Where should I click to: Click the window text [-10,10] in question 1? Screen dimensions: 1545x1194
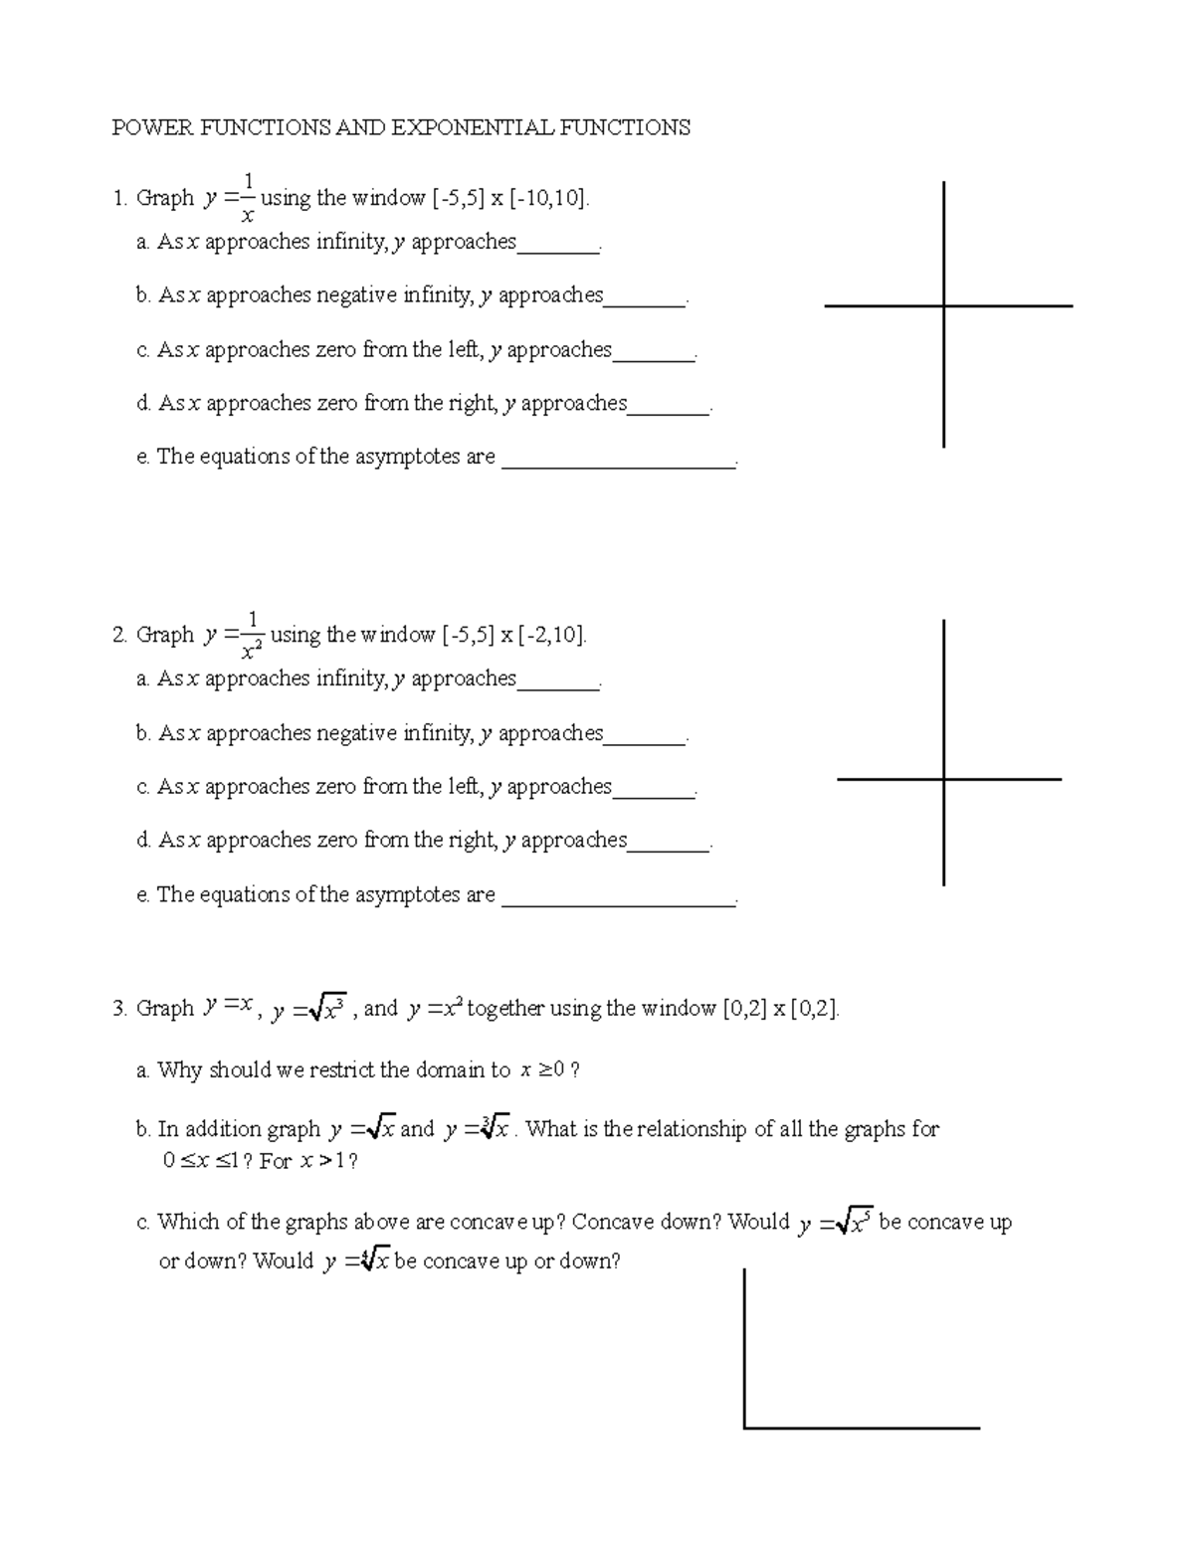(x=549, y=198)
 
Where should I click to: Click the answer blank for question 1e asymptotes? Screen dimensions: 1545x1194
(x=619, y=463)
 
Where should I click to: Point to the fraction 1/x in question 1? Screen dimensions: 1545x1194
(x=249, y=197)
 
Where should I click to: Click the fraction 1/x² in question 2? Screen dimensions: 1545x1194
(x=252, y=635)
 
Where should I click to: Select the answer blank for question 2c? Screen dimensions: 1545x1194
(x=654, y=794)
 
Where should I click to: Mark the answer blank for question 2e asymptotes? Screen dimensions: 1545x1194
(x=619, y=901)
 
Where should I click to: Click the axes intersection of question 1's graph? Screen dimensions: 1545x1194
(x=943, y=306)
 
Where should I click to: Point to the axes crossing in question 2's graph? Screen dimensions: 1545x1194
(x=943, y=779)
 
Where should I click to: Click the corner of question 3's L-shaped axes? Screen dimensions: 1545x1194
(x=745, y=1428)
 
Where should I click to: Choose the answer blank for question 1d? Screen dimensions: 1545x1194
(x=669, y=410)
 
